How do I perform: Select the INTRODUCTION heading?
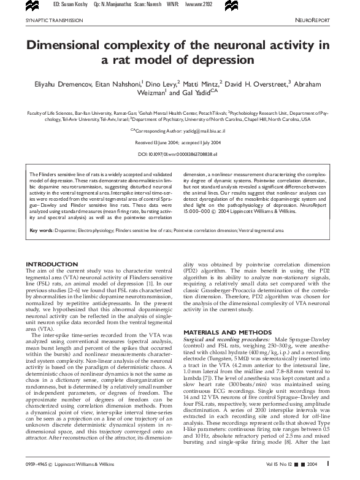(x=52, y=264)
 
